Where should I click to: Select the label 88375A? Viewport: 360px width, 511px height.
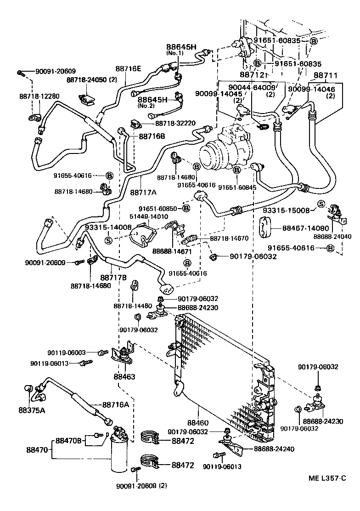[x=32, y=410]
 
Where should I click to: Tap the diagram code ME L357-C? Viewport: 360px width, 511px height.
[x=327, y=478]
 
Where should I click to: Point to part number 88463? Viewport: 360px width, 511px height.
[x=124, y=376]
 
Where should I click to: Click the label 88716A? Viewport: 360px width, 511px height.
[x=116, y=405]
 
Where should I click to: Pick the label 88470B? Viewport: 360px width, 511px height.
[x=68, y=441]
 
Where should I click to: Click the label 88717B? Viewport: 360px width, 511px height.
[x=113, y=278]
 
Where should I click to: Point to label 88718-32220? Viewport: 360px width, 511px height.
[x=175, y=123]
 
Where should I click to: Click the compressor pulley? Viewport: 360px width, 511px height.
[x=212, y=159]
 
